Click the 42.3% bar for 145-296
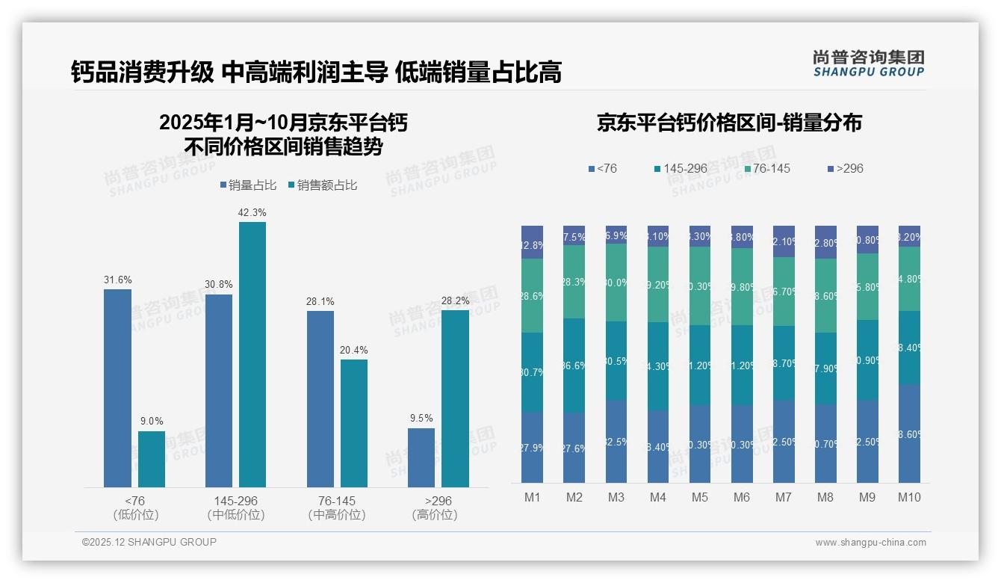point(252,354)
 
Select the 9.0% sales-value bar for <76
point(152,459)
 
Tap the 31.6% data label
point(117,280)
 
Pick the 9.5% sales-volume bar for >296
point(421,457)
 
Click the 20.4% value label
point(353,350)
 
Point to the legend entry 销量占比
point(248,185)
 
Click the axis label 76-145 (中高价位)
point(337,508)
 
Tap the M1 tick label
point(533,498)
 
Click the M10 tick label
point(909,498)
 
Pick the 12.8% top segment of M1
point(533,242)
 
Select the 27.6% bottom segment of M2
point(574,448)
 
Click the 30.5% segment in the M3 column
point(616,360)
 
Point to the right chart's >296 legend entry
point(846,168)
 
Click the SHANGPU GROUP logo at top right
point(868,64)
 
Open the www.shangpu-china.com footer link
point(870,543)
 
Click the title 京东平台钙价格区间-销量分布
point(729,123)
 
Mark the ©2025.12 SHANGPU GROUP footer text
point(149,542)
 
